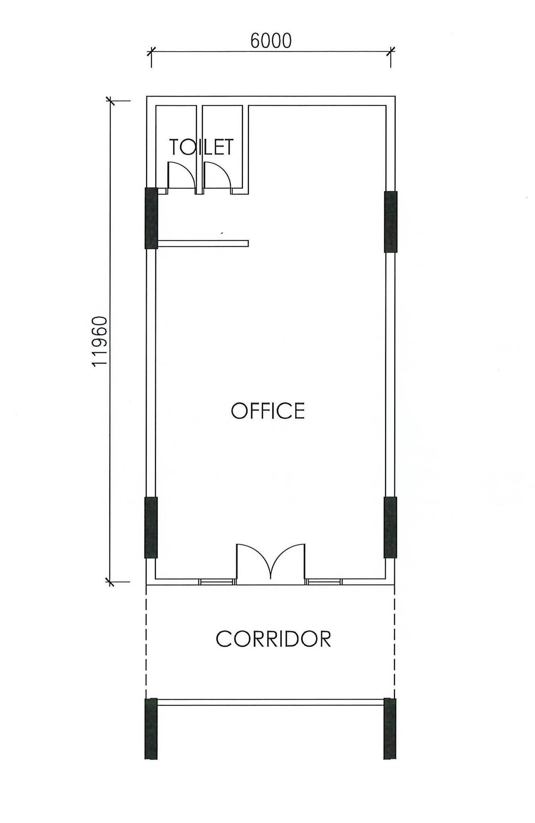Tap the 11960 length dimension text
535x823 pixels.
[99, 342]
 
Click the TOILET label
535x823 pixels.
[201, 147]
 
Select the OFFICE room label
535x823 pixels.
[268, 411]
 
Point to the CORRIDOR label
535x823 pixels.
[274, 639]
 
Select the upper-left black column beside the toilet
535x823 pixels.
[151, 218]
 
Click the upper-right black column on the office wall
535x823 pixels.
[391, 222]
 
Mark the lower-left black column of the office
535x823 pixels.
[151, 528]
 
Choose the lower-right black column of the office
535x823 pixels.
[390, 528]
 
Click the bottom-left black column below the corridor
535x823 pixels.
[151, 729]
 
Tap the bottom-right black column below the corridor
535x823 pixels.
[390, 729]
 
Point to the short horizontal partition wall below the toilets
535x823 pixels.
[203, 243]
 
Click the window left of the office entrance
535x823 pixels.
[217, 581]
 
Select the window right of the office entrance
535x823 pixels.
[324, 581]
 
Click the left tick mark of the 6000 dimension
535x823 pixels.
[151, 51]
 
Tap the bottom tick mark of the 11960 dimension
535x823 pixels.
[110, 581]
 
